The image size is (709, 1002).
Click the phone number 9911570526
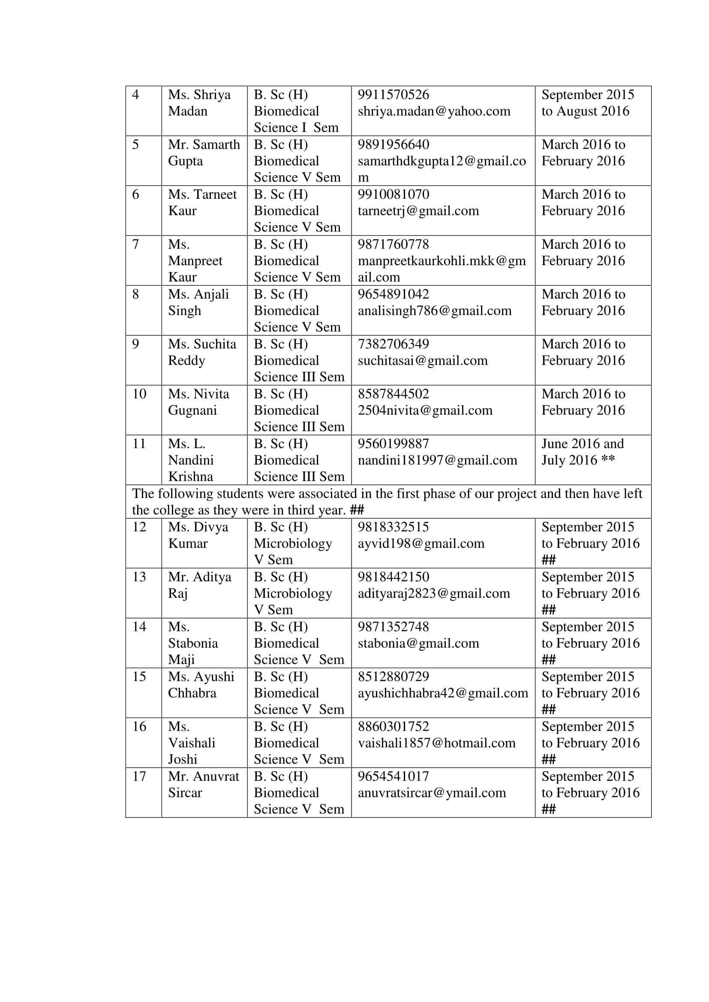pyautogui.click(x=394, y=95)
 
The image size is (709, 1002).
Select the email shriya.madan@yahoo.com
pyautogui.click(x=434, y=111)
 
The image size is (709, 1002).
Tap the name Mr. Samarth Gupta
pyautogui.click(x=204, y=153)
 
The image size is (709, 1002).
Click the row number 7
pyautogui.click(x=136, y=244)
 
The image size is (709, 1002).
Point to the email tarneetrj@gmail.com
pyautogui.click(x=418, y=211)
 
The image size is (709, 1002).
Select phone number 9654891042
pyautogui.click(x=394, y=294)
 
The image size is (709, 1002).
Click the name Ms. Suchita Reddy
pyautogui.click(x=202, y=352)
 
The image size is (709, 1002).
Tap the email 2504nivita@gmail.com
pyautogui.click(x=425, y=410)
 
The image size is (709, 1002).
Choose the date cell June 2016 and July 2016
pyautogui.click(x=583, y=452)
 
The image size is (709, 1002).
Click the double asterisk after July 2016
pyautogui.click(x=608, y=460)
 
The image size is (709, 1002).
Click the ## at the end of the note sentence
pyautogui.click(x=357, y=510)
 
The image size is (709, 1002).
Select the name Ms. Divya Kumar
pyautogui.click(x=198, y=535)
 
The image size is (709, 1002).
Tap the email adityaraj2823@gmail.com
pyautogui.click(x=433, y=593)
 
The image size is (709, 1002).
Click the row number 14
pyautogui.click(x=139, y=627)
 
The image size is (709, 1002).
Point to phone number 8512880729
pyautogui.click(x=394, y=676)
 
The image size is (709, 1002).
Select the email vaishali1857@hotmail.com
pyautogui.click(x=436, y=743)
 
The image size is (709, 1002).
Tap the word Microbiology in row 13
pyautogui.click(x=292, y=593)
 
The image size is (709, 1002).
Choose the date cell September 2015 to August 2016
pyautogui.click(x=587, y=103)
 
